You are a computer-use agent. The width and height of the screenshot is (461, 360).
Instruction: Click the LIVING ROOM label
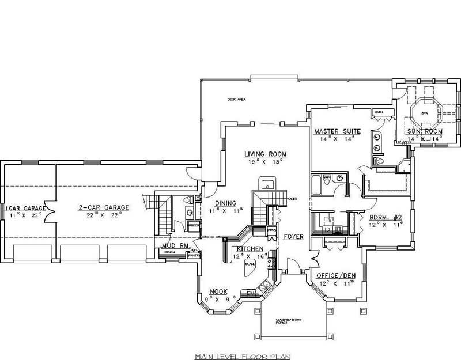click(x=264, y=154)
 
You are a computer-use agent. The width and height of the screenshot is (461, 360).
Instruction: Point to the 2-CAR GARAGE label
click(x=104, y=207)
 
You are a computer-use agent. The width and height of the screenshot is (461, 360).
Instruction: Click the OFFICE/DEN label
click(x=336, y=276)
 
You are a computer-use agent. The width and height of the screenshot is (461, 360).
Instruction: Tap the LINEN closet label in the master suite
click(x=378, y=112)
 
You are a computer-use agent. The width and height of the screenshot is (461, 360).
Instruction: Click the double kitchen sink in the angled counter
click(x=263, y=286)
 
